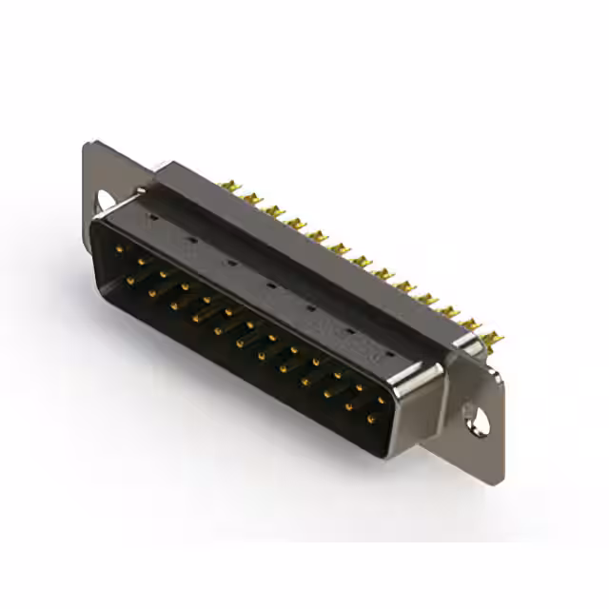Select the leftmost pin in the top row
point(120,248)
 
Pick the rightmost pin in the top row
point(381,401)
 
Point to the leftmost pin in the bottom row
point(129,281)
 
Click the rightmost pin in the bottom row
point(370,418)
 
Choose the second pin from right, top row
point(359,388)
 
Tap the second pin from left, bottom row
point(152,293)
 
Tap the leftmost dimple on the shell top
point(150,218)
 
